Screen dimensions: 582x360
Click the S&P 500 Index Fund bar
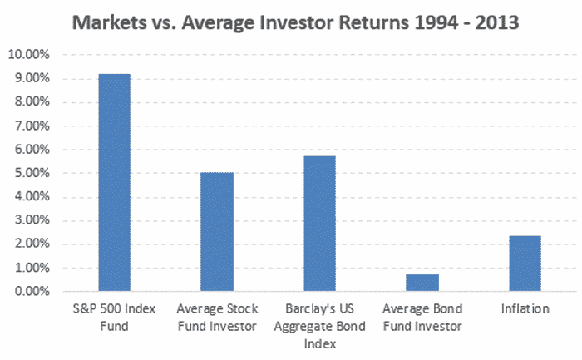coord(115,182)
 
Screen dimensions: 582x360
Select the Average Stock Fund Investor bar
coord(217,232)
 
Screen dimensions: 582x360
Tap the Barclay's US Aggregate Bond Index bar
coord(319,224)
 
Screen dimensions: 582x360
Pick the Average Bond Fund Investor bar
coord(422,283)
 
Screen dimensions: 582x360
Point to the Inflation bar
coord(525,263)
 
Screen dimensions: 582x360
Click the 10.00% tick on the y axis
coord(28,55)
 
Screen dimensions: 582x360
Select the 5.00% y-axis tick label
coord(32,173)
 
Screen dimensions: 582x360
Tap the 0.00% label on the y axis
coord(32,291)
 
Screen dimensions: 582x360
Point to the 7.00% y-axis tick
coord(32,126)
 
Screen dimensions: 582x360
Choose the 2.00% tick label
coord(32,244)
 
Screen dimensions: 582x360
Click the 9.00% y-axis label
coord(32,78)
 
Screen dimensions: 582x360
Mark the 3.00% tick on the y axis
coord(32,220)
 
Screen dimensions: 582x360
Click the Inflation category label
coord(525,308)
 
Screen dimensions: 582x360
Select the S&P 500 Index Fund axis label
coord(115,318)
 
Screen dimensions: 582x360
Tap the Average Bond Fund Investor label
coord(422,318)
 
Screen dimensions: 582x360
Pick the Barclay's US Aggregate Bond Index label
coord(319,326)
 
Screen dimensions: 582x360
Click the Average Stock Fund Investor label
coord(217,318)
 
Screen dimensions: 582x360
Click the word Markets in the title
coord(110,22)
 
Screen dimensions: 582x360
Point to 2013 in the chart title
coord(497,22)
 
